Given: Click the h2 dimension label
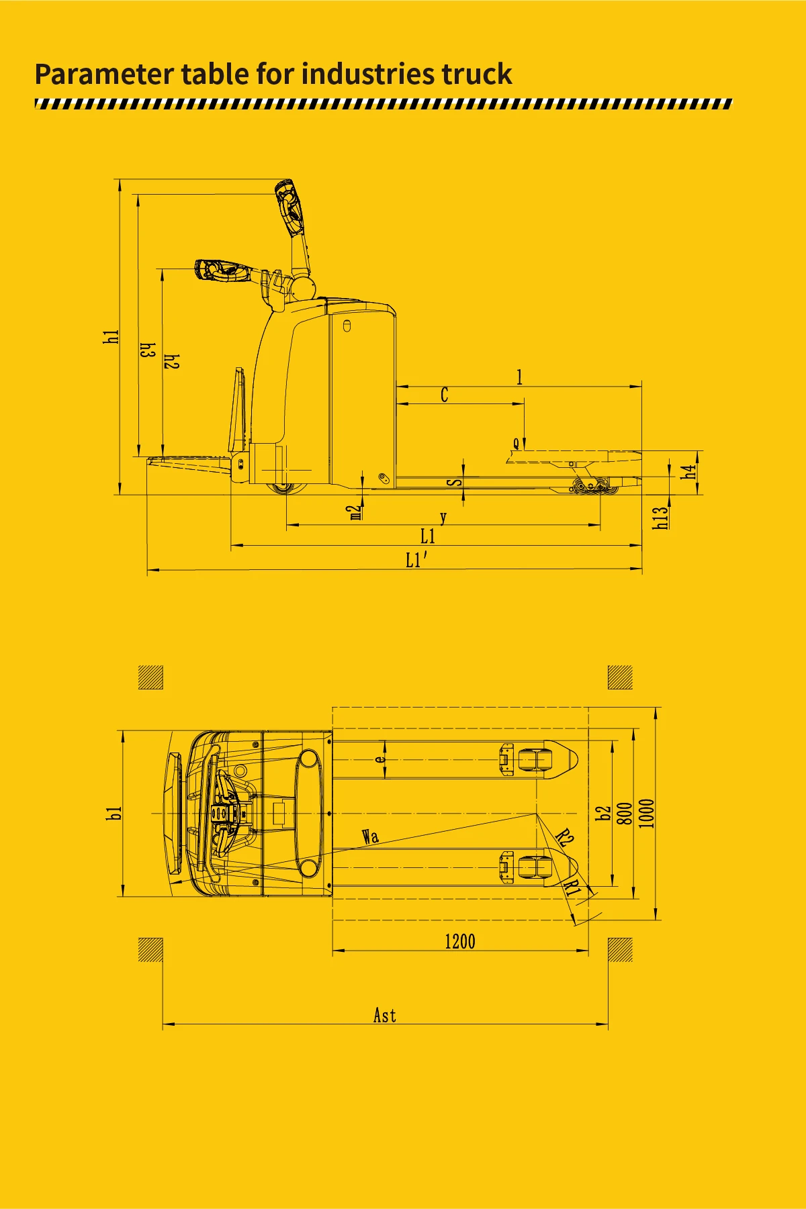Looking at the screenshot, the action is tap(172, 361).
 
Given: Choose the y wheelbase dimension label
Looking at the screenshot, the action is tap(443, 518).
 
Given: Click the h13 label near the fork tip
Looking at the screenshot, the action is tap(662, 517).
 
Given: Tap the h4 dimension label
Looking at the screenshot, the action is tap(689, 472).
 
